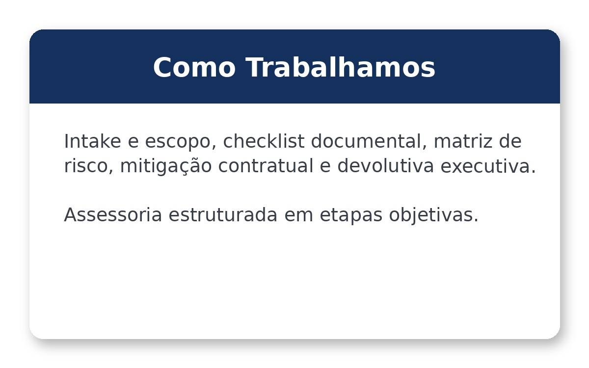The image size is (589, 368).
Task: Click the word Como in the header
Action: [x=194, y=68]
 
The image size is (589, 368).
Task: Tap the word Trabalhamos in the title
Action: [x=340, y=68]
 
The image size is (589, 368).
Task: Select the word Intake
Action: [x=92, y=141]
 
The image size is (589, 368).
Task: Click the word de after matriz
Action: [x=510, y=141]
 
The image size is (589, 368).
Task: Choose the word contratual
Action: [x=266, y=166]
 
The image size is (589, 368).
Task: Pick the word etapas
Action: [x=351, y=215]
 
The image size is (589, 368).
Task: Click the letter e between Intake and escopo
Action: [x=133, y=142]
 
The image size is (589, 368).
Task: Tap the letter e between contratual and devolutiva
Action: [x=325, y=166]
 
